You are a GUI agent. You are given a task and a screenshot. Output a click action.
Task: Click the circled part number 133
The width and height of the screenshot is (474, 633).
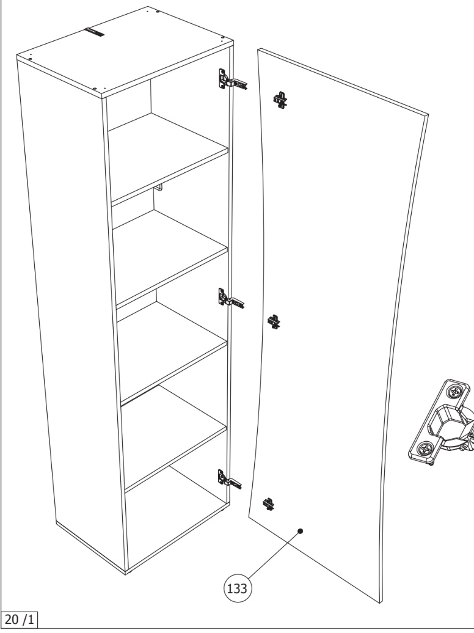[x=238, y=588]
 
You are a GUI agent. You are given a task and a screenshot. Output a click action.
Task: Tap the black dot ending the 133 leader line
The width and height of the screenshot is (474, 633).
[x=301, y=532]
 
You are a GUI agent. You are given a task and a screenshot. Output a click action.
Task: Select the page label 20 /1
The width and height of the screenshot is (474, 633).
[x=19, y=620]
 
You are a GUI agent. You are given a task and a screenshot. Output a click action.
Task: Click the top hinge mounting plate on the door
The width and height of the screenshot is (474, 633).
[x=280, y=100]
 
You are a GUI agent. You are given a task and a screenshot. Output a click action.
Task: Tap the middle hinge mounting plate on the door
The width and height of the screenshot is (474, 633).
[x=274, y=322]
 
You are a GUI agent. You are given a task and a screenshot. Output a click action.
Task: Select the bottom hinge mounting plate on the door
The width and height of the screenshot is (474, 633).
[x=269, y=504]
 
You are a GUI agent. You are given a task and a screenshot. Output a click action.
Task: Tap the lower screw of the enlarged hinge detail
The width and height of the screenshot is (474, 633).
[x=425, y=448]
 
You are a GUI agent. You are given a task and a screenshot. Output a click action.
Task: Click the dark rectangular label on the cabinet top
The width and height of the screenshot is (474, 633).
[x=94, y=32]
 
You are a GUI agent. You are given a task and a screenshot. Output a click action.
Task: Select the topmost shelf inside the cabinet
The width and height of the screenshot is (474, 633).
[x=169, y=158]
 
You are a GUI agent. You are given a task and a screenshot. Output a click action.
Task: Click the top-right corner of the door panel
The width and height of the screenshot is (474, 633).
[x=428, y=115]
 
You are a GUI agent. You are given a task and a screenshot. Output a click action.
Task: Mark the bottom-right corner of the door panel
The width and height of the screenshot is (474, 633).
[x=381, y=604]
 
